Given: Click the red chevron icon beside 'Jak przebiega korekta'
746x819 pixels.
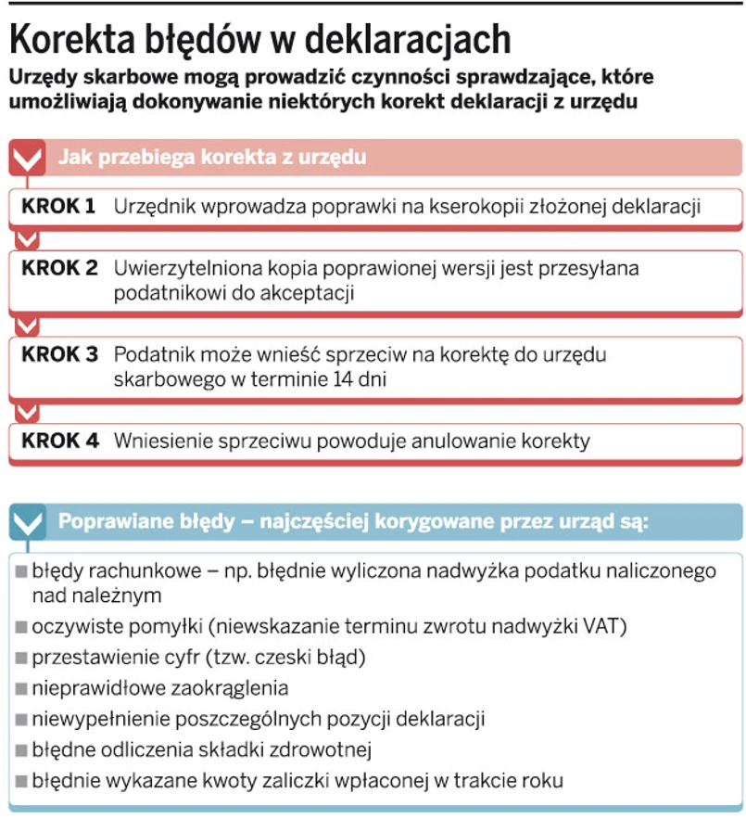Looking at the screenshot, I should pyautogui.click(x=28, y=157).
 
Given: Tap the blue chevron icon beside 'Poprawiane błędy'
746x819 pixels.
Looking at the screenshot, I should pyautogui.click(x=28, y=522).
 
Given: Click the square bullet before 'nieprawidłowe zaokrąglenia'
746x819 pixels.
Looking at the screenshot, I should pyautogui.click(x=21, y=688).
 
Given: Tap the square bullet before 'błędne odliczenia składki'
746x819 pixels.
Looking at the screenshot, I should pyautogui.click(x=21, y=749).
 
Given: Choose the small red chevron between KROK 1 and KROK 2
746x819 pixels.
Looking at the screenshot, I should pyautogui.click(x=28, y=239).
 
